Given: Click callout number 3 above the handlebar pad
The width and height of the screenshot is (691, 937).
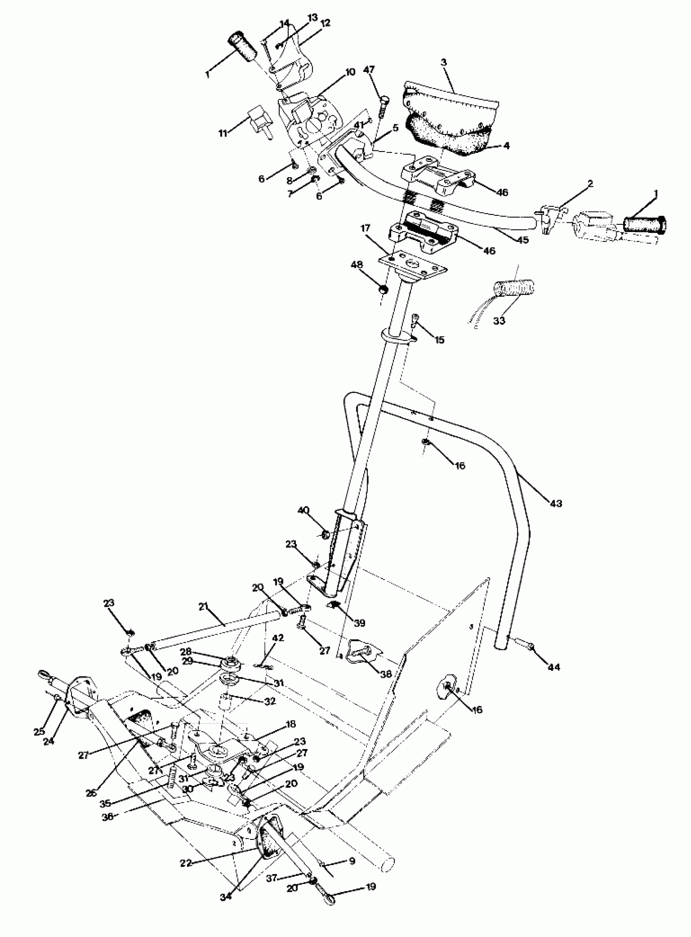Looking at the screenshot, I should pos(443,63).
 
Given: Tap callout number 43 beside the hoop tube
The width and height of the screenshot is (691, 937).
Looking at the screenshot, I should pos(556,503).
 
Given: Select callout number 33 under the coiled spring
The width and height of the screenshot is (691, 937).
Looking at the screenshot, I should pos(499,321).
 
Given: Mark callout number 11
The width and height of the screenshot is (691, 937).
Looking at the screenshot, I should pos(223,133).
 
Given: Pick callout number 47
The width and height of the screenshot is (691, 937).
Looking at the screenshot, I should pos(369,69).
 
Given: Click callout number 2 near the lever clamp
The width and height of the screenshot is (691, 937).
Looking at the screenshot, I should pos(590,184).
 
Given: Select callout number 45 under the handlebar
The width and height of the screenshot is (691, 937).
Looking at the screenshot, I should pos(522,240).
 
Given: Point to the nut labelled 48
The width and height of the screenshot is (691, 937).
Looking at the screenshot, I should pos(382,290).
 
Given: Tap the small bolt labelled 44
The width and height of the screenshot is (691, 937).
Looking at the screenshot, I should pos(530,647).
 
